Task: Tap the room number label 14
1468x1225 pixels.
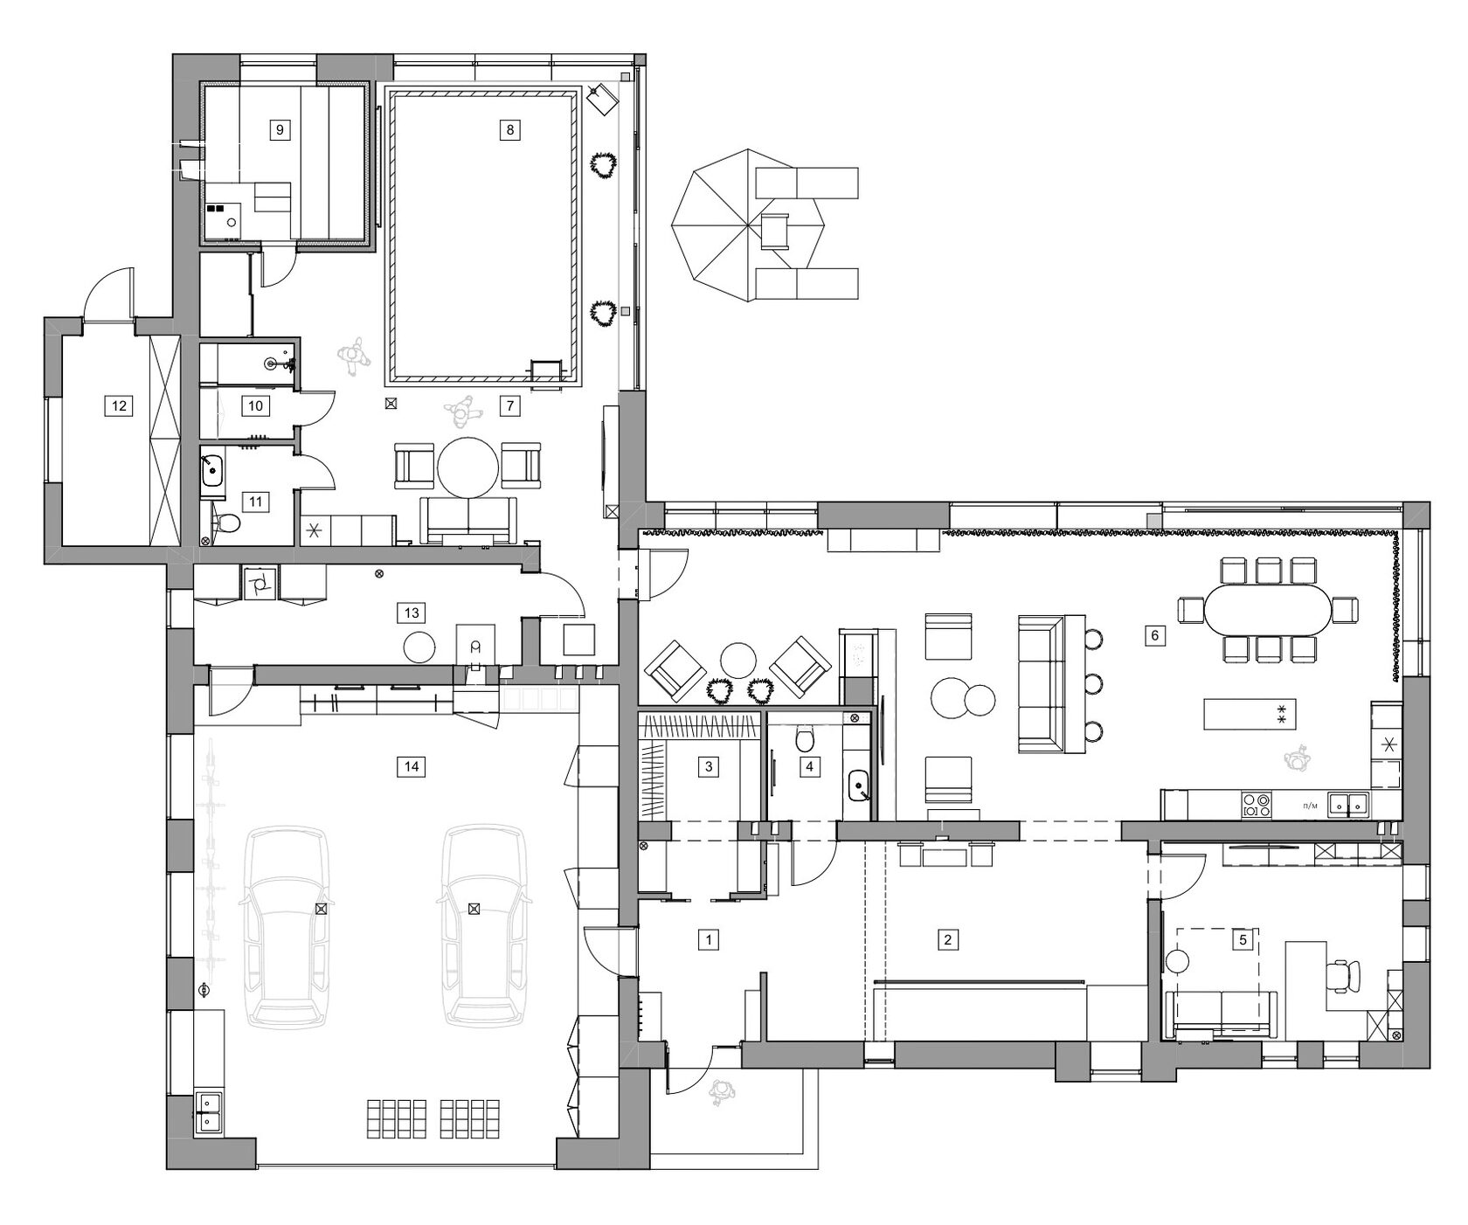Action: tap(412, 767)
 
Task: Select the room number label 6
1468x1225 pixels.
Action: tap(1154, 636)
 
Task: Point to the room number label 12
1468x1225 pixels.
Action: tap(119, 405)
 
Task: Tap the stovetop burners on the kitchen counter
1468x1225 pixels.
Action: tap(1256, 804)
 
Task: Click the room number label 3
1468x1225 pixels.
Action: tap(709, 767)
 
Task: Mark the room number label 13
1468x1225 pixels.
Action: tap(412, 613)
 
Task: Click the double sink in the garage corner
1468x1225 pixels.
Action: tap(207, 1112)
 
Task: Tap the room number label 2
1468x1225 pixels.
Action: tap(948, 940)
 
